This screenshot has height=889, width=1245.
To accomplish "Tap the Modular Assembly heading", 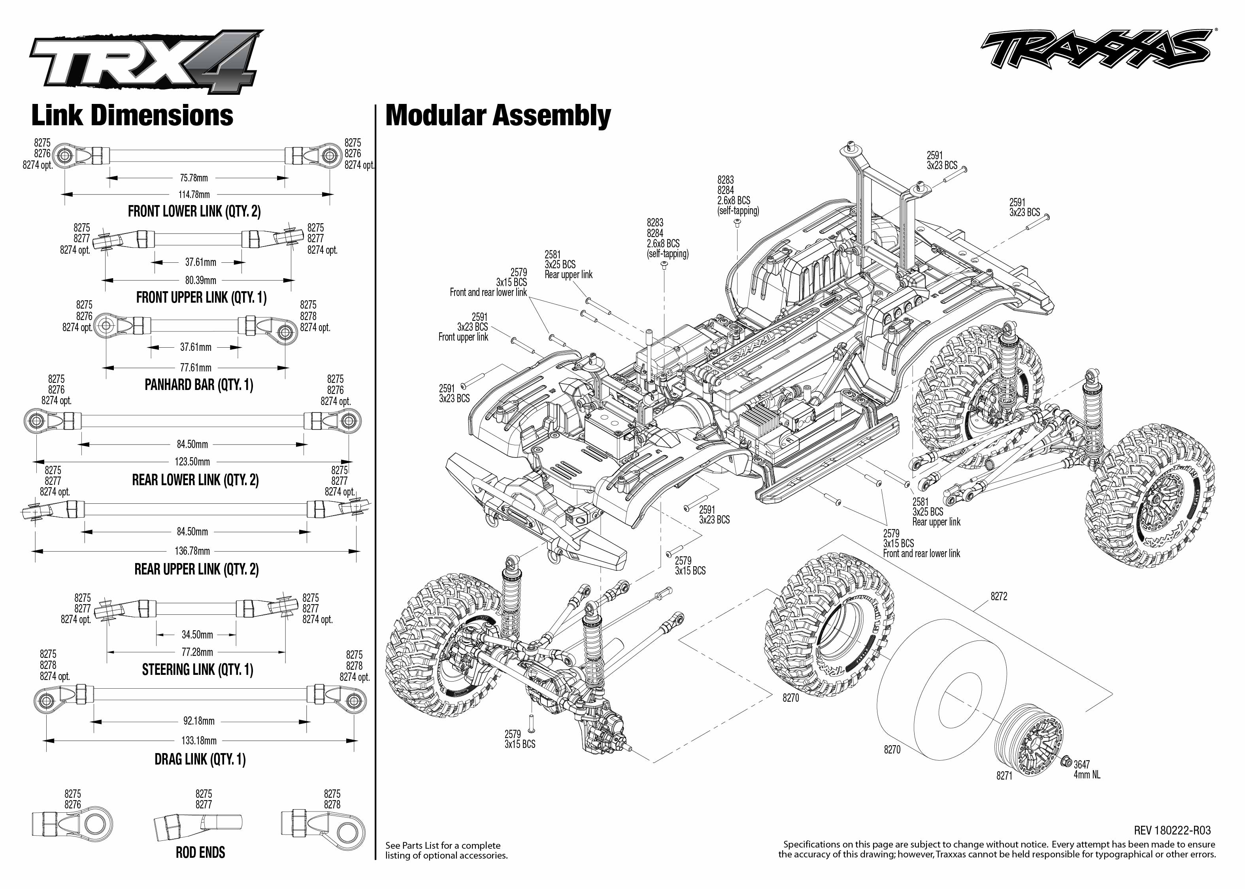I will pyautogui.click(x=498, y=116).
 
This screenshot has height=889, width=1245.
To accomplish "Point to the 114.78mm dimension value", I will pyautogui.click(x=194, y=194).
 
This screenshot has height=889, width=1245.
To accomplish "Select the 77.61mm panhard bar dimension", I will pyautogui.click(x=196, y=368).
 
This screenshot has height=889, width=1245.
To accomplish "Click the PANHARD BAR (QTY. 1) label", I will pyautogui.click(x=199, y=385).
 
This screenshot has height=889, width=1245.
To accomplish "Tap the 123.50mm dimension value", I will pyautogui.click(x=193, y=461).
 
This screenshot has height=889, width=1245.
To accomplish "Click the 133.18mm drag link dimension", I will pyautogui.click(x=199, y=741).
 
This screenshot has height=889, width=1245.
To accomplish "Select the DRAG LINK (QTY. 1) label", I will pyautogui.click(x=200, y=759).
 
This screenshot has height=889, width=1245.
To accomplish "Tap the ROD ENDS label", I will pyautogui.click(x=200, y=852).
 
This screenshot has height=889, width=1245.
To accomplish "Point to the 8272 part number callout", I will pyautogui.click(x=999, y=597).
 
